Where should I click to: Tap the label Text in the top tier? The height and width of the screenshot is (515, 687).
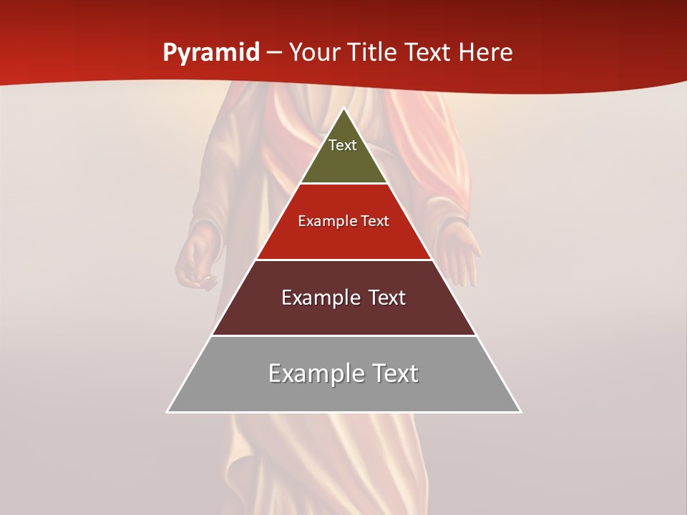pos(343,145)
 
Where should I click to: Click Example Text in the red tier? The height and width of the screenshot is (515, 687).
pos(343,221)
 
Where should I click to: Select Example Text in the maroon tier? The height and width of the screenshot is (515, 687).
pos(343,298)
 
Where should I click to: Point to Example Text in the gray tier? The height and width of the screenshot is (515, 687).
pos(343,373)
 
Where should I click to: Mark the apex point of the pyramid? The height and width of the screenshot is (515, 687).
pos(343,109)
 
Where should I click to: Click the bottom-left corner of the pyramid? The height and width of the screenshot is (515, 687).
pos(167,412)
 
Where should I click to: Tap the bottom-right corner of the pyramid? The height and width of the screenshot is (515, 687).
pos(520,412)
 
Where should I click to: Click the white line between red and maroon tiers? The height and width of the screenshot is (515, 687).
pos(343,260)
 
